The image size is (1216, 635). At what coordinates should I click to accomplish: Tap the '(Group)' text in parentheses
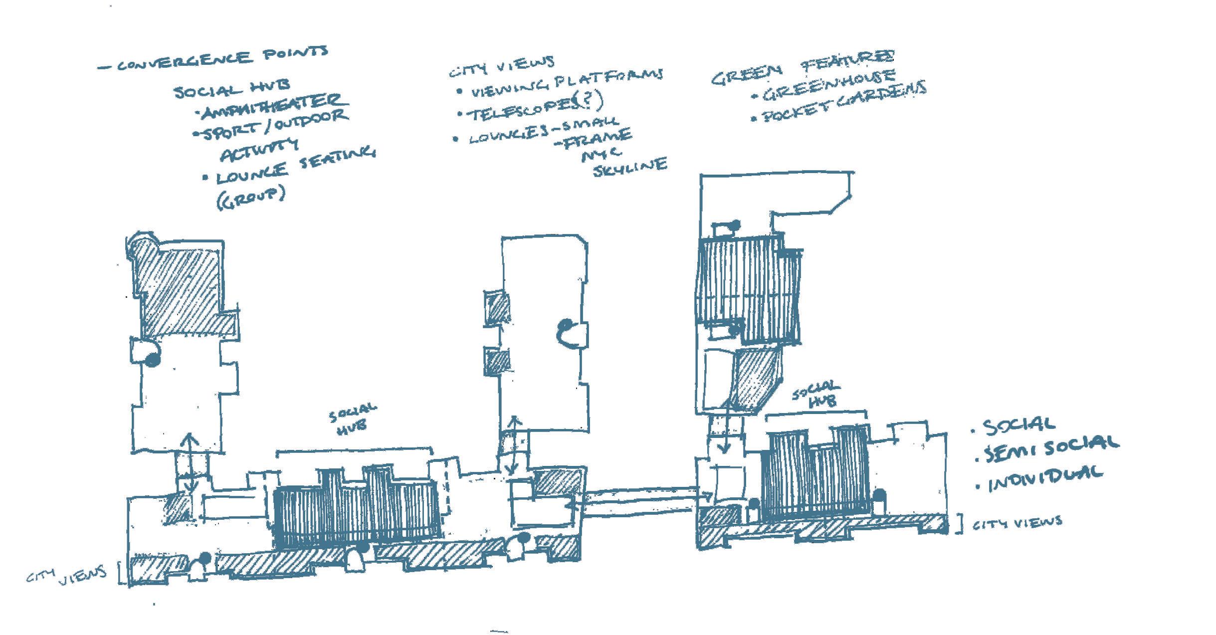click(251, 197)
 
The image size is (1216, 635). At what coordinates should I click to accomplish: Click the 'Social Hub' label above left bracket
click(353, 419)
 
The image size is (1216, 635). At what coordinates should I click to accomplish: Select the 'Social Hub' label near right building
click(816, 394)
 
